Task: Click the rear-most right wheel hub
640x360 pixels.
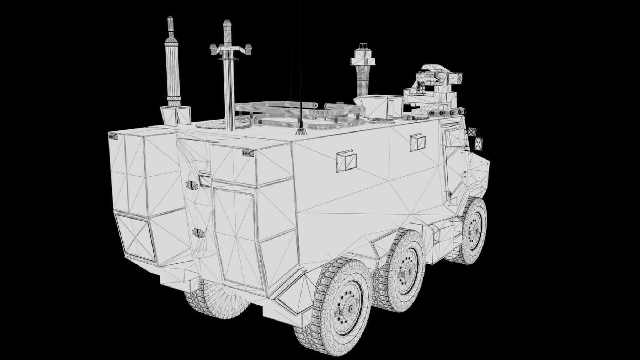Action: point(347,304)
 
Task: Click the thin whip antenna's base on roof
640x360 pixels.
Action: point(300,132)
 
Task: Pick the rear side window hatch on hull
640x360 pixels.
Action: point(346,162)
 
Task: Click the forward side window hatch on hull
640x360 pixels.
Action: point(418,142)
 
